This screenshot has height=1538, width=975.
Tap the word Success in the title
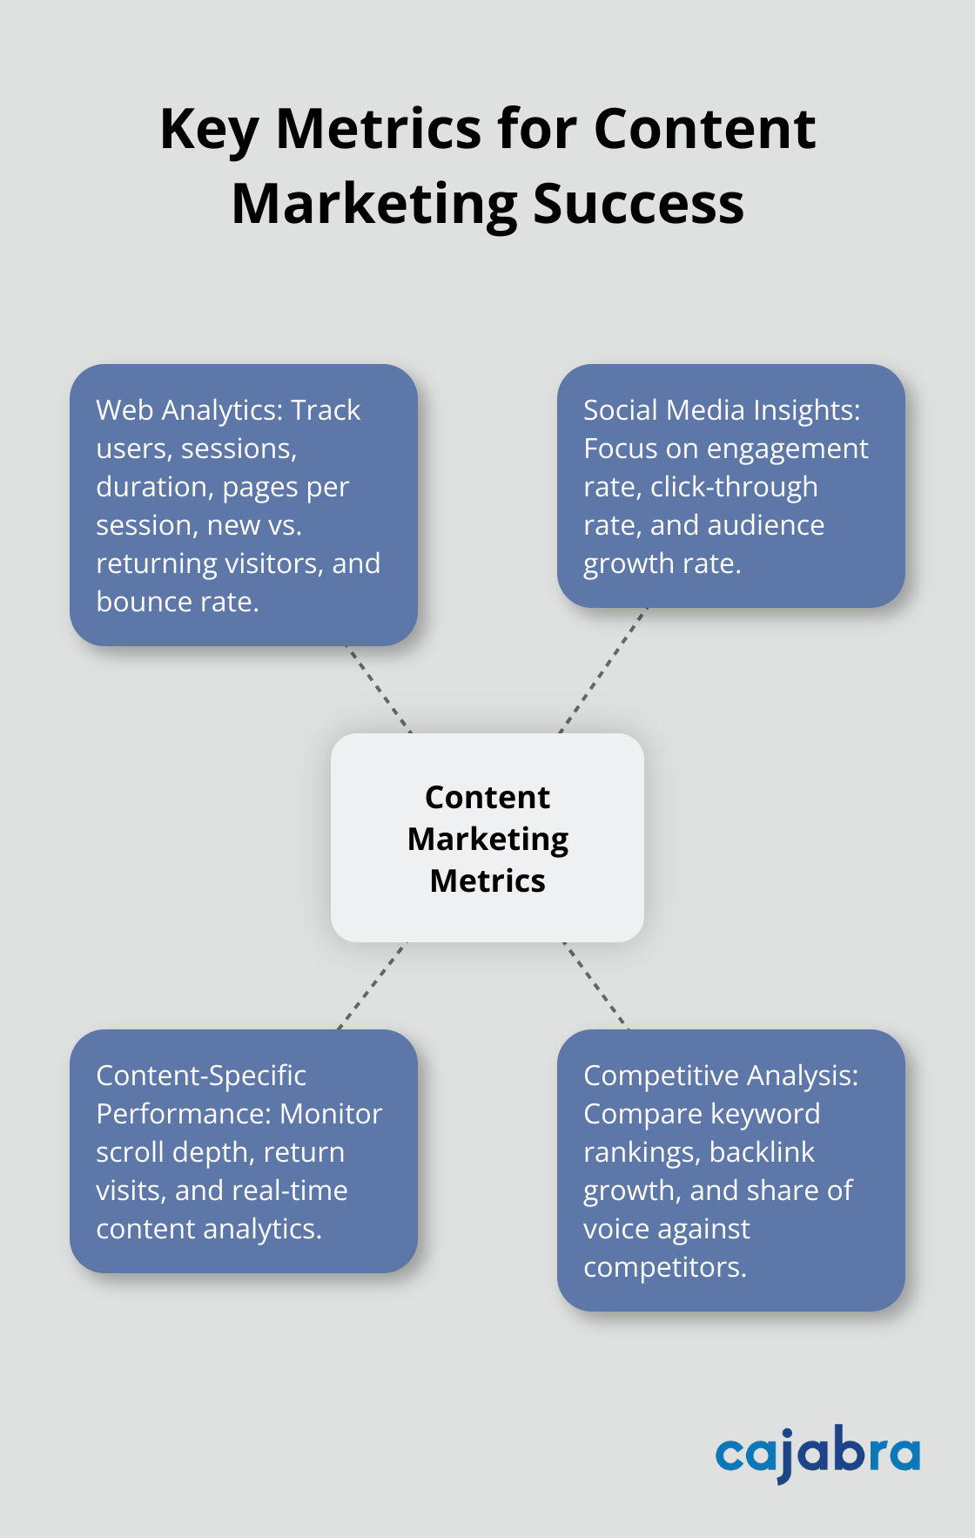coord(638,205)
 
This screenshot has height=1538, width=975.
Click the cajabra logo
coord(817,1454)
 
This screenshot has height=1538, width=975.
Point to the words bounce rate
coord(178,602)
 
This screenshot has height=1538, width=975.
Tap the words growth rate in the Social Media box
coord(662,563)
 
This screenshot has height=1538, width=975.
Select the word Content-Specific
coord(201,1076)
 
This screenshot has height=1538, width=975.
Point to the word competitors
coord(664,1267)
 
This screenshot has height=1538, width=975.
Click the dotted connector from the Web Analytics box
coord(379,689)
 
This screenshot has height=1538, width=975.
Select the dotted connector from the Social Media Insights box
coord(603,671)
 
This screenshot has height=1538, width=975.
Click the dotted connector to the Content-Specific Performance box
coord(373,985)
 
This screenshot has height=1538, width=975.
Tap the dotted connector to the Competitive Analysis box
coord(595,985)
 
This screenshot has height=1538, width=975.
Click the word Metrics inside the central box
coord(487,881)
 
